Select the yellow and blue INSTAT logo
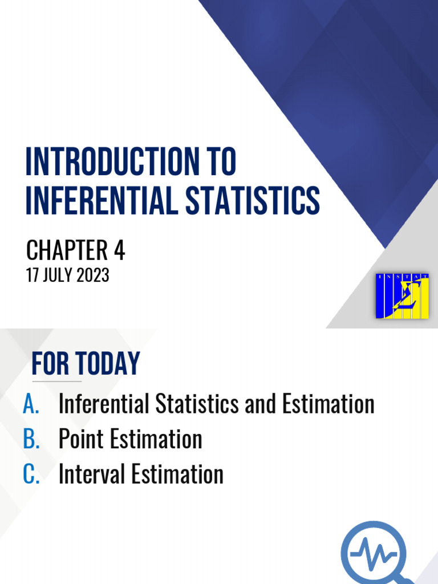[x=402, y=295]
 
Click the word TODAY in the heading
[x=109, y=364]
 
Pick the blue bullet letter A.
[x=31, y=404]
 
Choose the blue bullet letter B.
[x=31, y=439]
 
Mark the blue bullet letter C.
[x=31, y=474]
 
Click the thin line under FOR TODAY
[x=56, y=381]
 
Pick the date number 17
[x=33, y=276]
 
